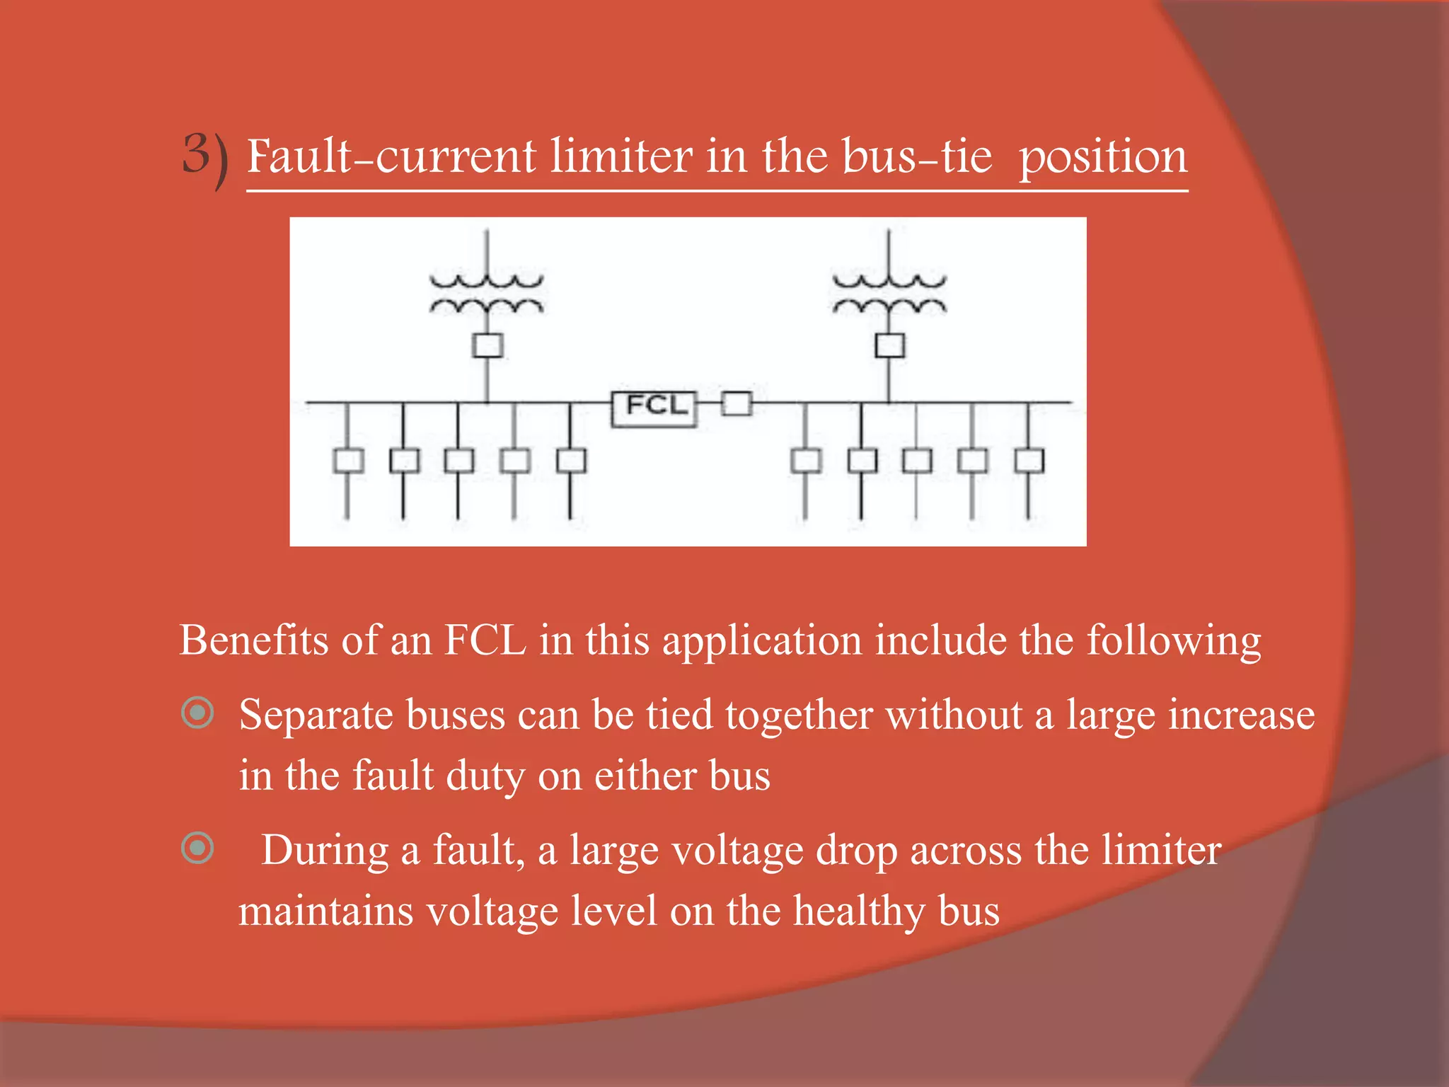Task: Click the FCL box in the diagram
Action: pos(654,408)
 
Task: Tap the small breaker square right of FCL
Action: pos(737,404)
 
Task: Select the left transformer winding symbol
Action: pos(487,294)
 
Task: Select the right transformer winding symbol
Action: pos(889,294)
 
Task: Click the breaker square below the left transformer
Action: pos(487,346)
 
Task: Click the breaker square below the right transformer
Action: pos(889,346)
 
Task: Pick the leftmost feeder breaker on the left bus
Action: pos(347,461)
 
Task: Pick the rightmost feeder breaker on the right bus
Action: pos(1029,461)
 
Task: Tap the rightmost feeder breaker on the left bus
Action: pos(571,461)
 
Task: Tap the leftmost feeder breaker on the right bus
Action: pos(805,461)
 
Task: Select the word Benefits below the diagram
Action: pos(253,640)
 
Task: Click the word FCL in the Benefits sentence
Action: pos(485,640)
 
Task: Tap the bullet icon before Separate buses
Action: pos(197,713)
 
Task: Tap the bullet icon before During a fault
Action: pos(197,848)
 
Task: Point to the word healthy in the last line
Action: pos(859,911)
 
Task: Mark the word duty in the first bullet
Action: pos(485,777)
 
